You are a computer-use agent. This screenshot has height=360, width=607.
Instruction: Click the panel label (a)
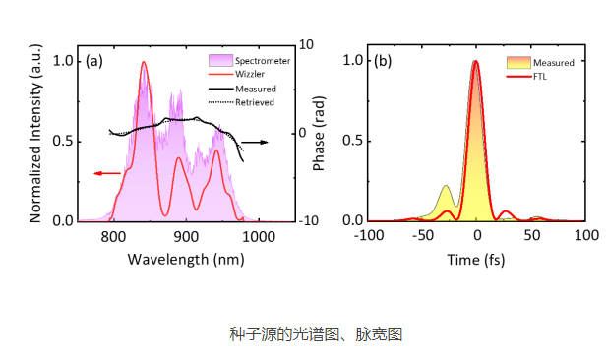tap(94, 61)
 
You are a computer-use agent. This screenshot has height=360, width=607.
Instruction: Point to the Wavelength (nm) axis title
tap(186, 259)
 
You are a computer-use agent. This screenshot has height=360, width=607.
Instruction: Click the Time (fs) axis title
tap(477, 259)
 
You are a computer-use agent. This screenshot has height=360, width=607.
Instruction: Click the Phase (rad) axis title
tap(318, 133)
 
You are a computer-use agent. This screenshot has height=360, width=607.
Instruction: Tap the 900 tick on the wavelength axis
tap(186, 236)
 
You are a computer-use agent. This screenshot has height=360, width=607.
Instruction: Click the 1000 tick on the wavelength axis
tap(258, 236)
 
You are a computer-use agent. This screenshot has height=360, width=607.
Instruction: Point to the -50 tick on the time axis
tap(422, 236)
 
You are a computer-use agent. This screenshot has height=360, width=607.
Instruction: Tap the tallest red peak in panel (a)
tap(144, 63)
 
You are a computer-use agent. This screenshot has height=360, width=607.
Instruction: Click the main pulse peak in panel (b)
tap(476, 62)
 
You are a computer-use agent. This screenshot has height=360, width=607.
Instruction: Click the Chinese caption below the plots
tap(303, 334)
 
